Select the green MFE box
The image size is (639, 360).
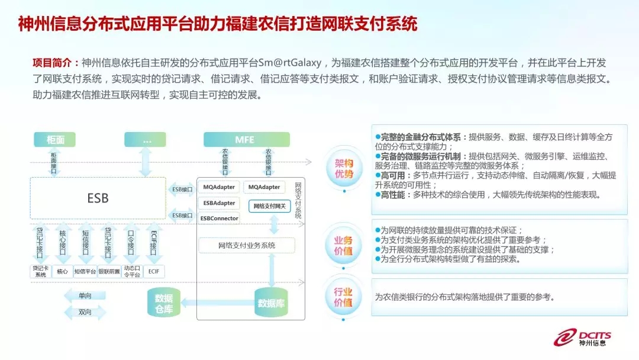246,140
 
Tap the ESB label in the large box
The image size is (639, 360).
98,198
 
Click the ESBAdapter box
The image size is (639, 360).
219,203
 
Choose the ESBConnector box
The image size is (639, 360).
219,218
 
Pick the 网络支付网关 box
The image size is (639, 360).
269,207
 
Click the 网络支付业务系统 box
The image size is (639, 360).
246,245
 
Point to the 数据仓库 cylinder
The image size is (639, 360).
163,303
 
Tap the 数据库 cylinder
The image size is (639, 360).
272,303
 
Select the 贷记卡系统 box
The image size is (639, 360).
40,272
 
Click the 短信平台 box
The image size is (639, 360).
85,272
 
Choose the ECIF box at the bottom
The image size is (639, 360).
153,272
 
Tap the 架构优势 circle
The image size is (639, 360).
344,169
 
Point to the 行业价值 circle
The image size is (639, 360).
344,297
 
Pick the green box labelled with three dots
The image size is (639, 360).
145,140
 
